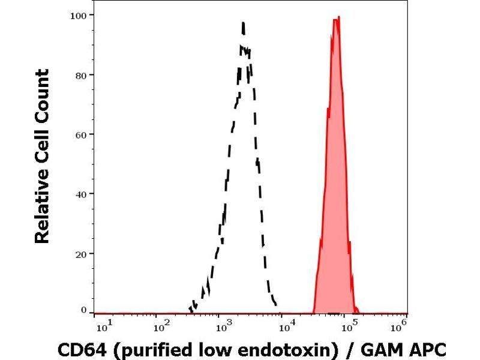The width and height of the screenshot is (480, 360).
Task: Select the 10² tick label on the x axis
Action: pos(158,327)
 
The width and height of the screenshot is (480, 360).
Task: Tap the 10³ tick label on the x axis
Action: pos(223,327)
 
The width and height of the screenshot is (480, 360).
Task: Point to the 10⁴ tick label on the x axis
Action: pos(286,327)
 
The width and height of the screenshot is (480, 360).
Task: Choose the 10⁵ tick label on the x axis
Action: pos(349,327)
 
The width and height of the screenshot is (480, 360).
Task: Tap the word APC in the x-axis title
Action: pos(427,349)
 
